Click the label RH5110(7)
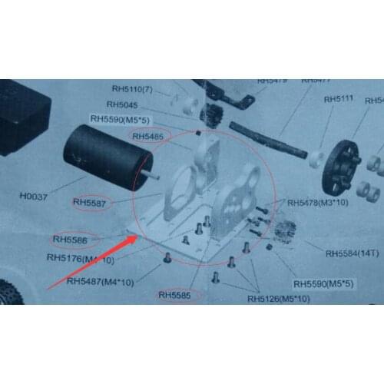(133, 88)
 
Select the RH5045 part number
(122, 104)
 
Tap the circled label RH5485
(148, 137)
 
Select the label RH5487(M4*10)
(100, 282)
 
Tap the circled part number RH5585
(177, 294)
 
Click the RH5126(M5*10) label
(283, 299)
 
